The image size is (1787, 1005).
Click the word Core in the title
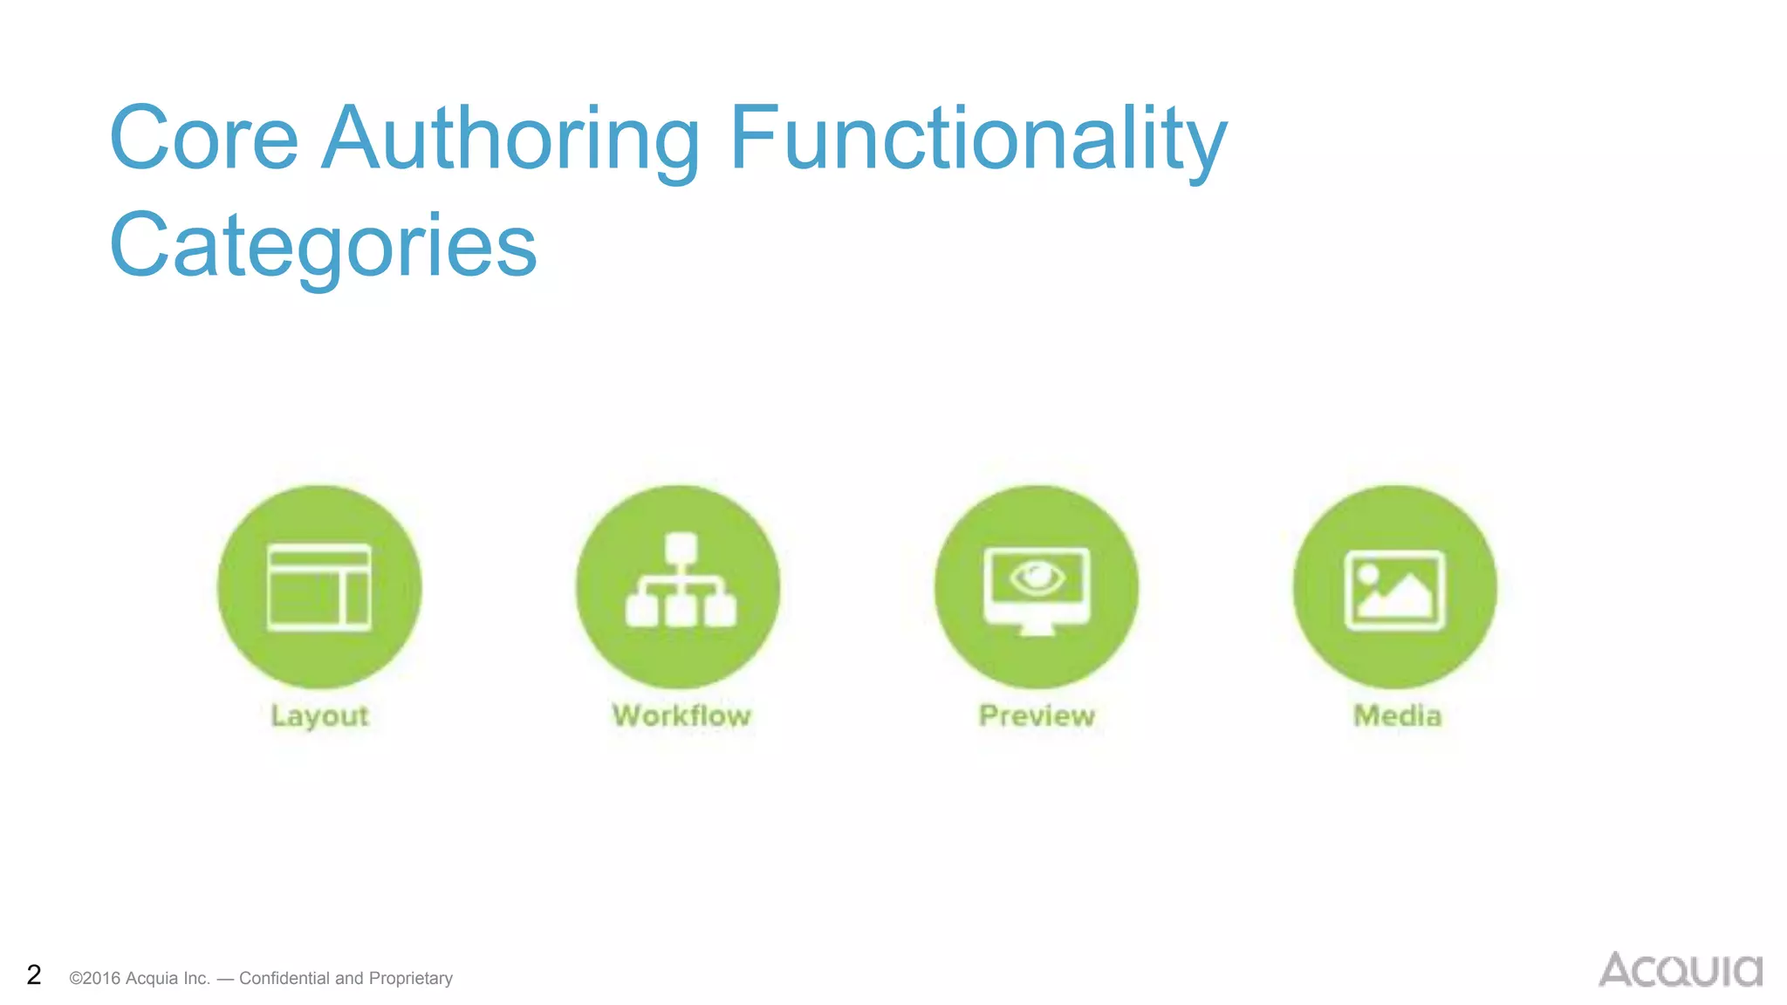tap(204, 139)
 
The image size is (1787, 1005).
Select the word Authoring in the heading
tap(511, 139)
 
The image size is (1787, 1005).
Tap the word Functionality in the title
tap(977, 139)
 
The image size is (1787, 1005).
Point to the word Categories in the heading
tap(323, 246)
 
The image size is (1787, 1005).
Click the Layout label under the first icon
tap(320, 716)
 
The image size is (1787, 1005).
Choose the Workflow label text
tap(681, 716)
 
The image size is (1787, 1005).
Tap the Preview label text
tap(1037, 716)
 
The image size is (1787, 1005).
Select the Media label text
tap(1397, 716)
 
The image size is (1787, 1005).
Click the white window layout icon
tap(319, 587)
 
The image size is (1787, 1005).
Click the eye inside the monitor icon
tap(1037, 577)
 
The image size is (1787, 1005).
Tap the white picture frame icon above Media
tap(1394, 590)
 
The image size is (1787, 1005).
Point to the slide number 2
tap(34, 974)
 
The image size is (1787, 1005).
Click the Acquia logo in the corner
tap(1680, 970)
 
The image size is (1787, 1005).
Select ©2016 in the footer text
tap(95, 978)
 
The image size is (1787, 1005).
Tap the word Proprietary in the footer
tap(411, 978)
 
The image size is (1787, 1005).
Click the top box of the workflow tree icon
tap(681, 548)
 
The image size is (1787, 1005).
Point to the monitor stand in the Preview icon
tap(1037, 628)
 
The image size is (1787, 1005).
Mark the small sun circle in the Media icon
tap(1368, 573)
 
